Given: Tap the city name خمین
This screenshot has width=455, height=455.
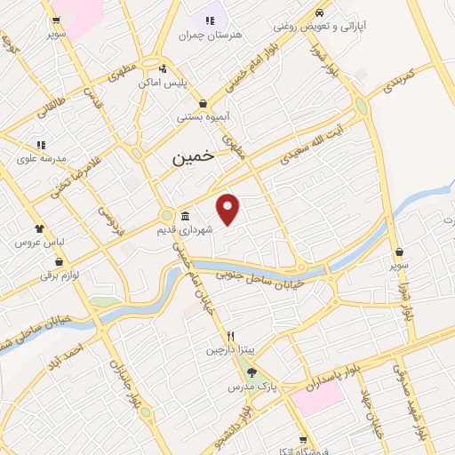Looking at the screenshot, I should click(x=192, y=156).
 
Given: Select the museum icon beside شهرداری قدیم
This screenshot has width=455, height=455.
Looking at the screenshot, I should click(x=184, y=217).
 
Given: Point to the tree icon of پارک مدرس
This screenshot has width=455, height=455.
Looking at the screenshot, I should click(x=251, y=373).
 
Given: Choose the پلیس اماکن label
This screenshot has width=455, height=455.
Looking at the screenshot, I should click(x=160, y=83).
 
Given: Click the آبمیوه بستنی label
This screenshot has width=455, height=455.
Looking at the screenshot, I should click(x=204, y=116).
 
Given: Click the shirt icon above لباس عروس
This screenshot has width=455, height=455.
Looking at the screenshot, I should click(x=39, y=228).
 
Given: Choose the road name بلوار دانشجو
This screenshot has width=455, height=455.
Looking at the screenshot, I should click(x=246, y=424).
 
